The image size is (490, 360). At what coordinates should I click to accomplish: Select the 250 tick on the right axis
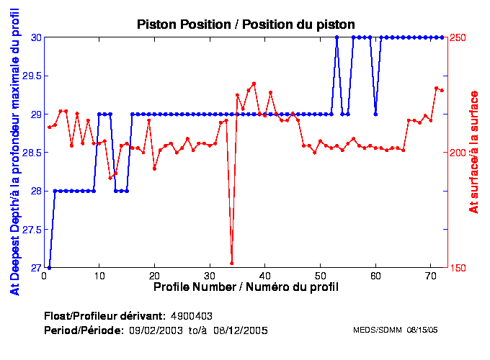click(x=458, y=37)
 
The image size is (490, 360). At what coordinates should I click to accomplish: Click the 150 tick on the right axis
click(x=458, y=268)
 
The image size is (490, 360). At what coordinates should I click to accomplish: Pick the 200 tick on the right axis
click(x=458, y=153)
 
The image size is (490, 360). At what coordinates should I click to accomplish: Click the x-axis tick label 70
click(x=429, y=275)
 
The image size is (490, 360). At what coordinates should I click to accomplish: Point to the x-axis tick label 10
click(x=99, y=275)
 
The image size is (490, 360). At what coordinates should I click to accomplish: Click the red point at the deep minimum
click(x=231, y=263)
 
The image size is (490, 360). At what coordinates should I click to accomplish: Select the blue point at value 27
click(x=49, y=268)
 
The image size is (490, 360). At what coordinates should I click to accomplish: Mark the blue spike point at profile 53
click(x=337, y=37)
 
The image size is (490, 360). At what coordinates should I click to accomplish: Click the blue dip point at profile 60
click(x=375, y=114)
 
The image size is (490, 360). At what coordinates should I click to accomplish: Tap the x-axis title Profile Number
click(x=246, y=287)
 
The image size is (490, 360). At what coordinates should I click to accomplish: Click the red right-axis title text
click(x=473, y=152)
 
